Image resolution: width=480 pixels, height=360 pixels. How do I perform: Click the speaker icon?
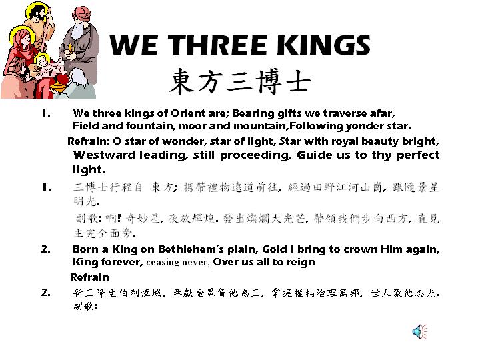tap(420, 331)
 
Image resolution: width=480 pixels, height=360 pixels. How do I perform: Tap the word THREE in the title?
tap(217, 45)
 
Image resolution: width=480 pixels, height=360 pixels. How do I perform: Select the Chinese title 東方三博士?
tap(240, 81)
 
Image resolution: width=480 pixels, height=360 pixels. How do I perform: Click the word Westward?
tap(104, 155)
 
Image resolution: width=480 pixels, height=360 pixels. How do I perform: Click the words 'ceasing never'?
tap(178, 263)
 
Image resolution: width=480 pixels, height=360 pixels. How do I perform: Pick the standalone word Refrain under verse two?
tap(89, 277)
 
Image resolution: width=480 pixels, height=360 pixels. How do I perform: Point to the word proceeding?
tap(255, 155)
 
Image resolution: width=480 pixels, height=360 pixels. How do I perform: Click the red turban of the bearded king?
tap(82, 15)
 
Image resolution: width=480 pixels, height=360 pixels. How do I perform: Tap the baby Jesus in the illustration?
tap(49, 67)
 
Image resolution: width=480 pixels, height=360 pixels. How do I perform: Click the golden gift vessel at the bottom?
tap(59, 87)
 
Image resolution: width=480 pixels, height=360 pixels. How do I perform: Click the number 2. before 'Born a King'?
tap(45, 249)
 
